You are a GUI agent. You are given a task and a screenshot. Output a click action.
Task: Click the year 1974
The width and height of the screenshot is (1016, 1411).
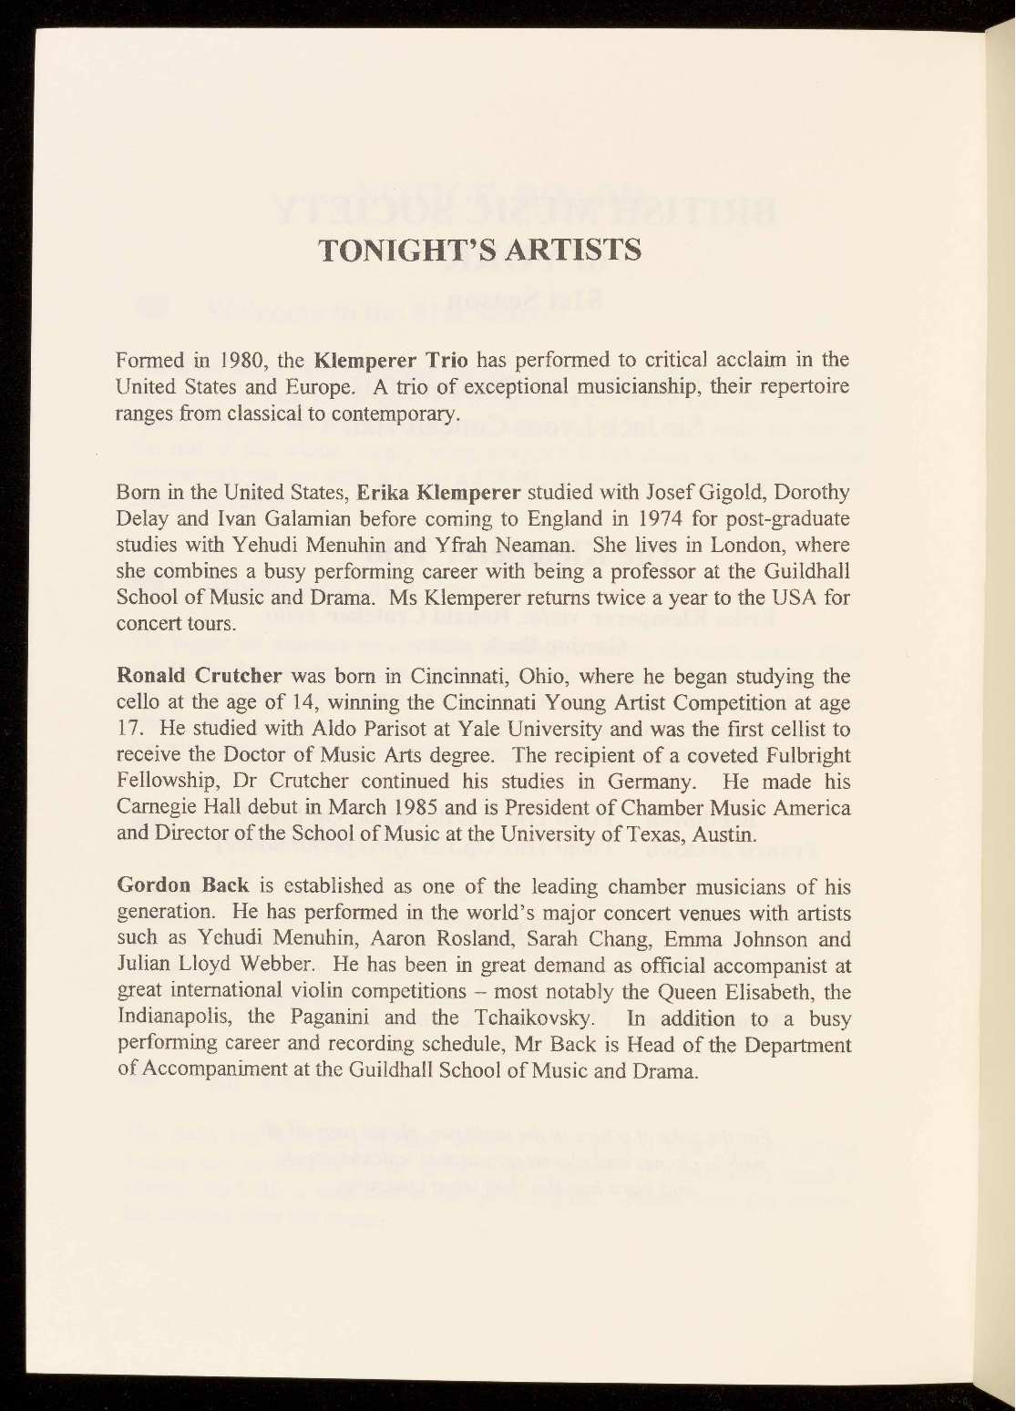point(633,519)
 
